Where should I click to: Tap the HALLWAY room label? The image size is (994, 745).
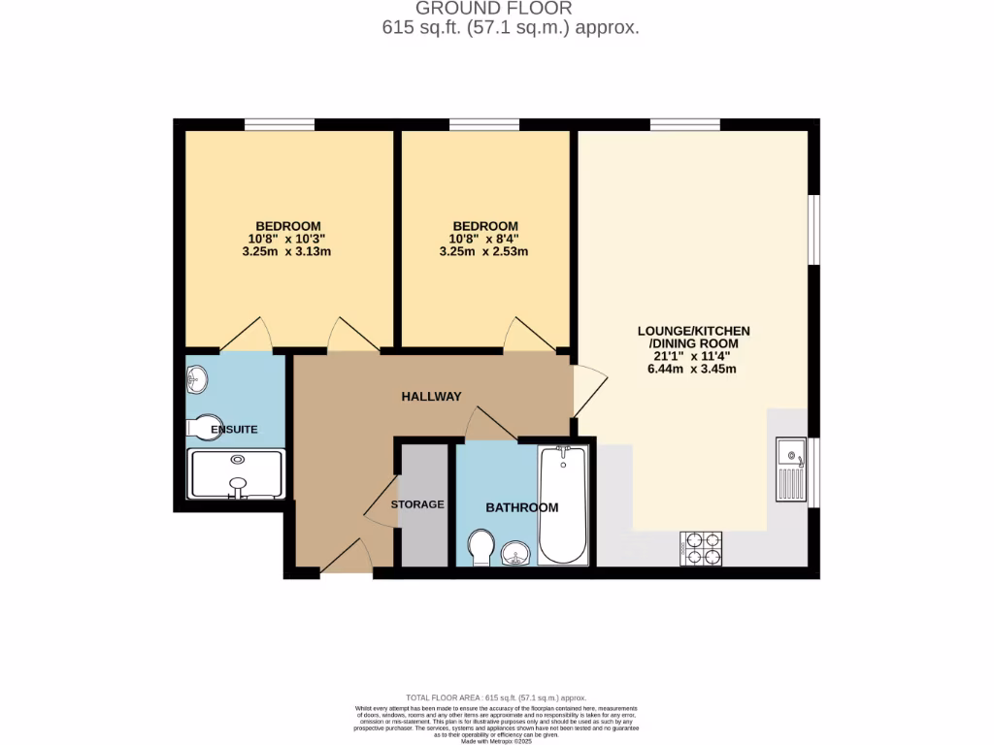pyautogui.click(x=432, y=396)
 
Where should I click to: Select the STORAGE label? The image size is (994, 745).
pyautogui.click(x=417, y=504)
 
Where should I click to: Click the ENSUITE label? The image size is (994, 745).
pyautogui.click(x=234, y=428)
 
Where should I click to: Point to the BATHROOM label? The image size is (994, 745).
pyautogui.click(x=522, y=507)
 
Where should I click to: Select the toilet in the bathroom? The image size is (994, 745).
pyautogui.click(x=480, y=548)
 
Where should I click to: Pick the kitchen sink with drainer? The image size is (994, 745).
pyautogui.click(x=791, y=470)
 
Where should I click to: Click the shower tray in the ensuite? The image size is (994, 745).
pyautogui.click(x=236, y=473)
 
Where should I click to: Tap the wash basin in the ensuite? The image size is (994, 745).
pyautogui.click(x=197, y=379)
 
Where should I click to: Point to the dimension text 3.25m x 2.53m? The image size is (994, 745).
pyautogui.click(x=482, y=252)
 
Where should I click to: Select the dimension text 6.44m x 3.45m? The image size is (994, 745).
pyautogui.click(x=694, y=369)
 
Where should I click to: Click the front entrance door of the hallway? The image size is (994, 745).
pyautogui.click(x=347, y=557)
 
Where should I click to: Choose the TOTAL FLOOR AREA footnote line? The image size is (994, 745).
pyautogui.click(x=496, y=697)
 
